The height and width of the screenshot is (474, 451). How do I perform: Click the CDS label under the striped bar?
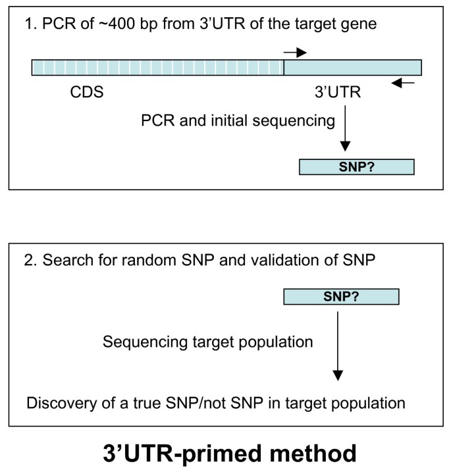pyautogui.click(x=87, y=93)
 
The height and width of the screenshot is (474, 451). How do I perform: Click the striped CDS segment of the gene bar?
pyautogui.click(x=158, y=67)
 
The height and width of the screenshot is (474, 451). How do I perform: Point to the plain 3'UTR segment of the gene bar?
pyautogui.click(x=352, y=67)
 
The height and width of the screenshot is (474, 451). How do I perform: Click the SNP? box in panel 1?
pyautogui.click(x=357, y=167)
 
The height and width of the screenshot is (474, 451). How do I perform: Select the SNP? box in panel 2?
pyautogui.click(x=341, y=296)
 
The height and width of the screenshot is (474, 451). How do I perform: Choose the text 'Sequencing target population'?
pyautogui.click(x=207, y=342)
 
